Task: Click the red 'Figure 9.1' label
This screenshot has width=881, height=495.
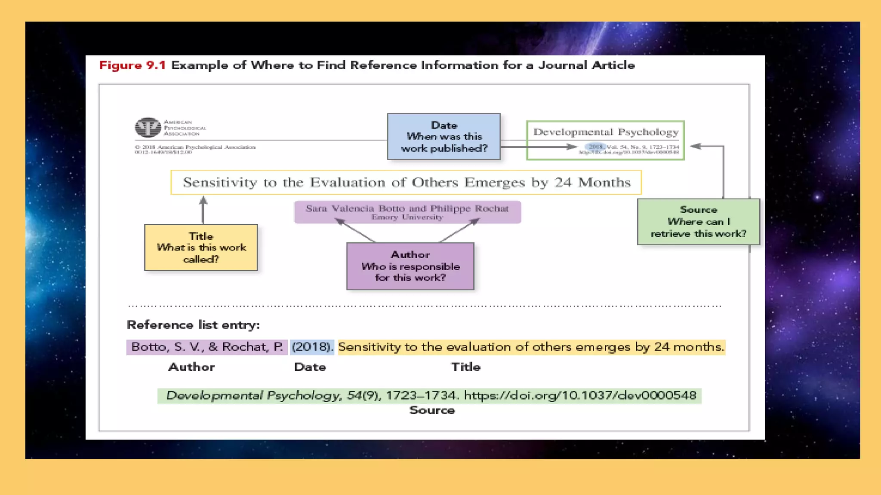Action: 132,65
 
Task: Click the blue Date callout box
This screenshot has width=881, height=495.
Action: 444,137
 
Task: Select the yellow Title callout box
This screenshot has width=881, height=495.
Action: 201,247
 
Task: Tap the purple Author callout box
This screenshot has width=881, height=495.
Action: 410,266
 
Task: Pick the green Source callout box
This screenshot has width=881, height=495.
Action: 698,222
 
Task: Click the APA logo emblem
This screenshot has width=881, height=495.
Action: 148,128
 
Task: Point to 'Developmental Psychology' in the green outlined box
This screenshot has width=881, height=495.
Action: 606,132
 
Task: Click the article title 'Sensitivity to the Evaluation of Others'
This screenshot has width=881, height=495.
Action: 406,182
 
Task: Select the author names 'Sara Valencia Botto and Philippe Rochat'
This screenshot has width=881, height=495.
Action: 407,208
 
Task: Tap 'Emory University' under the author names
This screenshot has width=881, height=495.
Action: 407,217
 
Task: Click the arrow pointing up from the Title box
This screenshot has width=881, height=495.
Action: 203,209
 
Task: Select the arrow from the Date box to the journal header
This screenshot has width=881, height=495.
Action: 538,147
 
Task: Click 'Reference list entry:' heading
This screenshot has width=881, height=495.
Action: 193,325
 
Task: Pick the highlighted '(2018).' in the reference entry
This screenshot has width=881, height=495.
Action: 312,347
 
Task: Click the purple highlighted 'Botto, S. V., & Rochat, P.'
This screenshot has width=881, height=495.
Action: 207,347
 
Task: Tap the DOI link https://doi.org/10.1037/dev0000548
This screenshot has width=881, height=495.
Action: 579,395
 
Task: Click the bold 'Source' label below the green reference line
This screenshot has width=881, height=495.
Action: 432,410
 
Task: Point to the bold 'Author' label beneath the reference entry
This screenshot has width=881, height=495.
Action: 191,367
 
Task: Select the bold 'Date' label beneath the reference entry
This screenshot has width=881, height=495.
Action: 310,367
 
